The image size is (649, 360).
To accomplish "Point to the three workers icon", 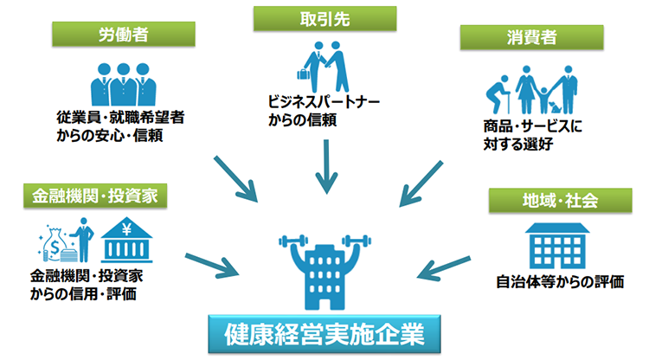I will (121, 81).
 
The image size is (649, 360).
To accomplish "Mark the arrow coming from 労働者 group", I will (241, 177).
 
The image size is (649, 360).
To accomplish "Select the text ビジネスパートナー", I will (324, 102).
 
